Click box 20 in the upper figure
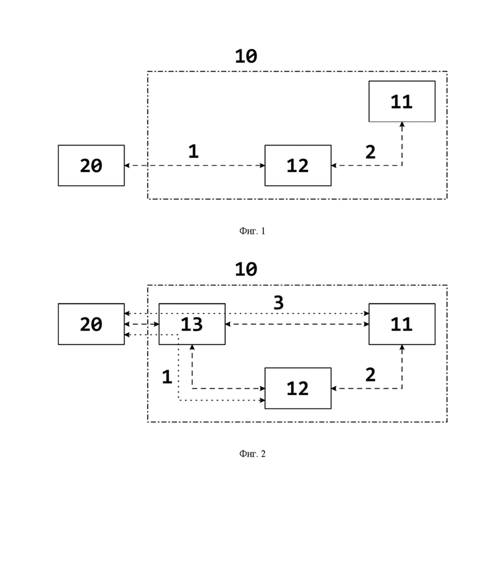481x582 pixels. pyautogui.click(x=91, y=165)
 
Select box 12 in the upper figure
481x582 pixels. pyautogui.click(x=298, y=165)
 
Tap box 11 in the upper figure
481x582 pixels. pyautogui.click(x=402, y=101)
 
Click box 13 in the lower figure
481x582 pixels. pyautogui.click(x=192, y=324)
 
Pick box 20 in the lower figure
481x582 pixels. pyautogui.click(x=91, y=324)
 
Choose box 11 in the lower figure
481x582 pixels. pyautogui.click(x=402, y=324)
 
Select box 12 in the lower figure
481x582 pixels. pyautogui.click(x=298, y=388)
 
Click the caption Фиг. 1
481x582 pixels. pyautogui.click(x=252, y=231)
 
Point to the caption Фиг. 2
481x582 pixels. pyautogui.click(x=252, y=454)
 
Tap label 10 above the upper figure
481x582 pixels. pyautogui.click(x=246, y=56)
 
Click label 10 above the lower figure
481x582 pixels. pyautogui.click(x=246, y=269)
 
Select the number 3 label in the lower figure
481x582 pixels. pyautogui.click(x=279, y=303)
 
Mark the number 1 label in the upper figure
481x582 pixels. pyautogui.click(x=193, y=151)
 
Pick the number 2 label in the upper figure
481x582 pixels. pyautogui.click(x=371, y=152)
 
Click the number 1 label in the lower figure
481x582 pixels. pyautogui.click(x=167, y=376)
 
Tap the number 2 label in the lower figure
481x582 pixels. pyautogui.click(x=371, y=375)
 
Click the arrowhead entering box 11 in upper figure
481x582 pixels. pyautogui.click(x=402, y=125)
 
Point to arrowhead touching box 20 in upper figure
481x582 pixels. pyautogui.click(x=127, y=165)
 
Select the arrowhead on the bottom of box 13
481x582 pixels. pyautogui.click(x=192, y=347)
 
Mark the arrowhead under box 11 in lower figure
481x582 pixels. pyautogui.click(x=402, y=347)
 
